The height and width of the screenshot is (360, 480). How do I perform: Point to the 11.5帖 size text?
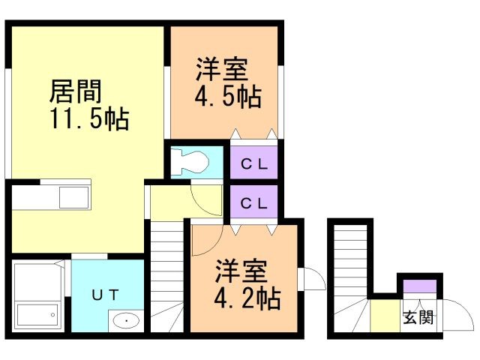[88, 119]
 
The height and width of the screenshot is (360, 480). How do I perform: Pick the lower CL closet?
[253, 203]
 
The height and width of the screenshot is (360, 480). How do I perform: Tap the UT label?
[105, 295]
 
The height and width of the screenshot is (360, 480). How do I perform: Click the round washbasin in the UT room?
[126, 322]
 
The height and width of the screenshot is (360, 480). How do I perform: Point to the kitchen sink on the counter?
[73, 198]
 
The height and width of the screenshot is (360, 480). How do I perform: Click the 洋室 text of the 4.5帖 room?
[222, 70]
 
